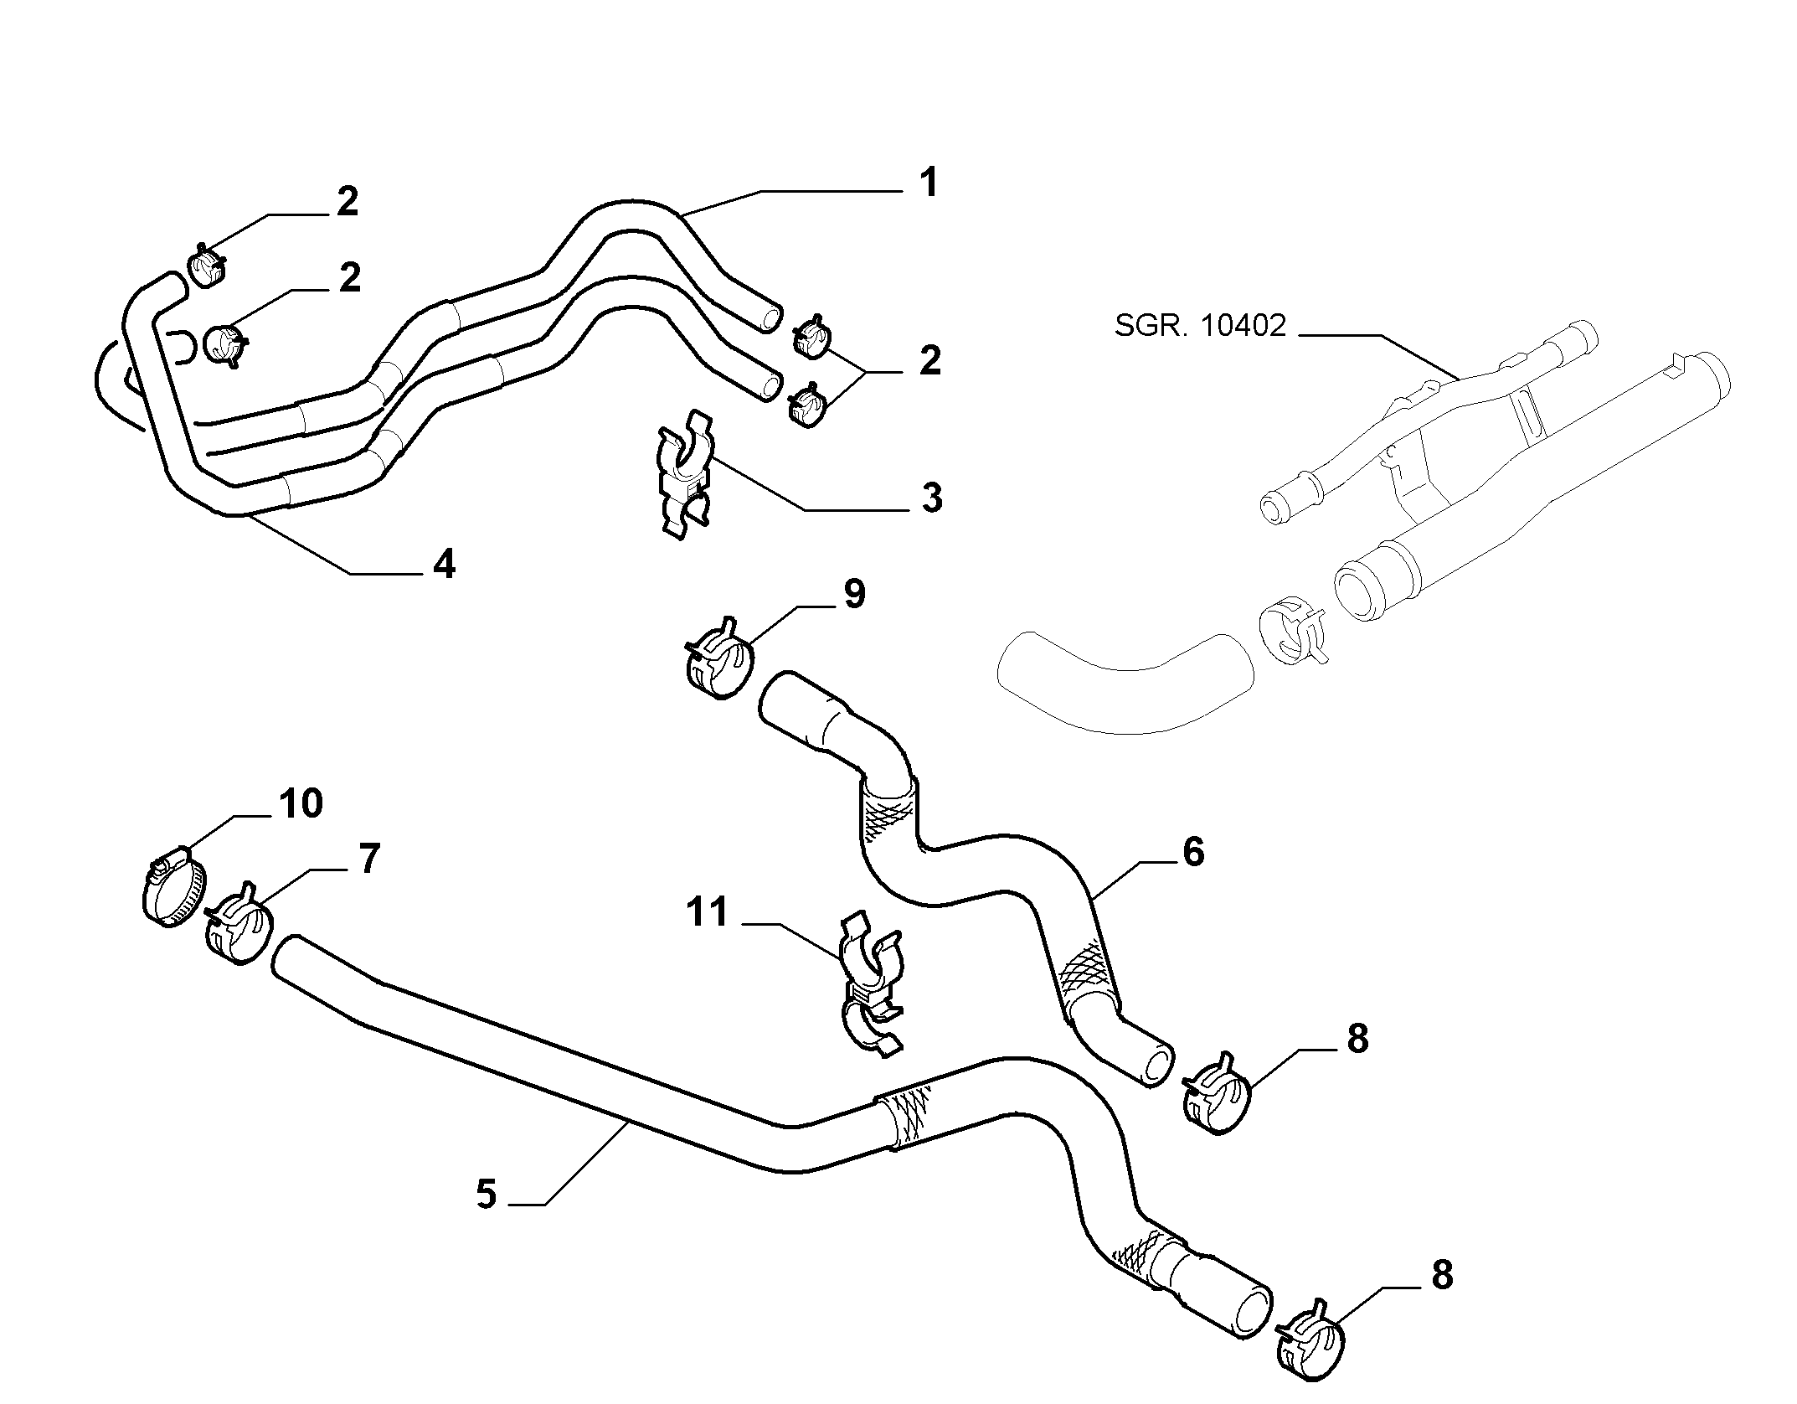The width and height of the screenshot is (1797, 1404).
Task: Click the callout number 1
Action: tap(927, 183)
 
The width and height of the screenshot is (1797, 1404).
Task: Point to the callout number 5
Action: tap(486, 1194)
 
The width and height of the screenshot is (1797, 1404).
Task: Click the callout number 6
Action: tap(1192, 852)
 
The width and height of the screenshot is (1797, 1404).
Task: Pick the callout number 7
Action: tap(369, 859)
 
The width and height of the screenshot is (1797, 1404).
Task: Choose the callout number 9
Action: tap(854, 594)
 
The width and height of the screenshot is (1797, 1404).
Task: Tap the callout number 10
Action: tap(301, 803)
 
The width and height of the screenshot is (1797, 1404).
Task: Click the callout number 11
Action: tap(708, 912)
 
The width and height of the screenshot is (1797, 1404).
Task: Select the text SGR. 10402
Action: tap(1199, 325)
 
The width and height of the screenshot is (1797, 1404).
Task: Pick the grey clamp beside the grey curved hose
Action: tap(1291, 636)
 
